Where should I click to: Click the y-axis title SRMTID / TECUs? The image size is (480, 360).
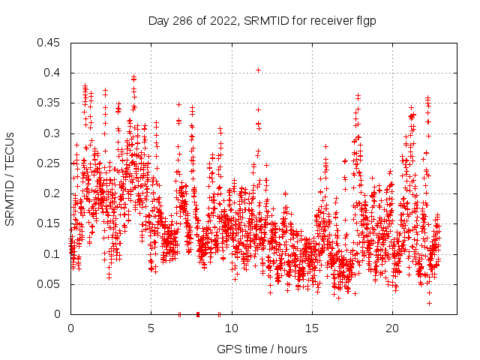click(x=10, y=178)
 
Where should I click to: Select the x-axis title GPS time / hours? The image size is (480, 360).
click(x=262, y=349)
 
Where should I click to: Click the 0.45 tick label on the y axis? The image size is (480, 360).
click(x=50, y=43)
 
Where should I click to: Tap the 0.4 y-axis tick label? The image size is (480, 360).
click(x=53, y=73)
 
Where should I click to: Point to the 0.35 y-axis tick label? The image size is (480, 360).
click(x=50, y=103)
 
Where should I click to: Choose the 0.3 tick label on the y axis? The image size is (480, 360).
click(x=53, y=133)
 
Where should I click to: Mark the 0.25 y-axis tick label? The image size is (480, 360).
click(x=50, y=163)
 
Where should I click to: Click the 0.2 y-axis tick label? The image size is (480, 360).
click(x=53, y=193)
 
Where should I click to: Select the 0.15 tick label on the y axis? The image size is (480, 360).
click(x=50, y=223)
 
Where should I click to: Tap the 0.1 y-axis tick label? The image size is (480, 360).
click(x=53, y=254)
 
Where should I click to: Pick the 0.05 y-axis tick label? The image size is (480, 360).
click(x=50, y=284)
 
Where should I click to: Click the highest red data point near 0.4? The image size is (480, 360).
click(x=258, y=70)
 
